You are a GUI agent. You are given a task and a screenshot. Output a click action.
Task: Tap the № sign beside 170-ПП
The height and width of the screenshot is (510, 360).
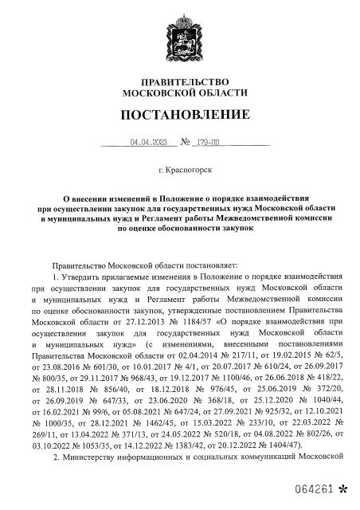[186, 143]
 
